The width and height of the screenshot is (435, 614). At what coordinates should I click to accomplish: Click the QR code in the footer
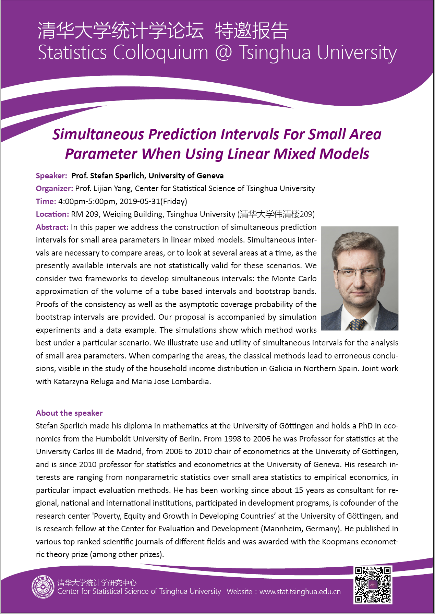(x=373, y=585)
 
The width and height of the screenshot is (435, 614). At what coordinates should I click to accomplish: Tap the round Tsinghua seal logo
(x=43, y=587)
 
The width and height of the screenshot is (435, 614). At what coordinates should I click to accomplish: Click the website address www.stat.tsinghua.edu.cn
(x=300, y=591)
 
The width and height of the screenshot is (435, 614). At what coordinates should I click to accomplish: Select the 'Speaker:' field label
(x=51, y=176)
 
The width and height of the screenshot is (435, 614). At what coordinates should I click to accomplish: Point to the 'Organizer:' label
(x=54, y=189)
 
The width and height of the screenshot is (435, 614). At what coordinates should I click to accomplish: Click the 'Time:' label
(x=46, y=201)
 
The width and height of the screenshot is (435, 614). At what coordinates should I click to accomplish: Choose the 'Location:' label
(x=52, y=214)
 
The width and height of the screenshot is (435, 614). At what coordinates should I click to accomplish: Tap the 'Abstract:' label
(x=52, y=227)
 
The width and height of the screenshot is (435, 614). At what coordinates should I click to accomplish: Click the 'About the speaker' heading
(x=69, y=413)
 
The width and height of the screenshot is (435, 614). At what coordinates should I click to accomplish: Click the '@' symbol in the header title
(x=223, y=53)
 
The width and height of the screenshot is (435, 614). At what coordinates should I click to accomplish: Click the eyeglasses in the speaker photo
(x=357, y=273)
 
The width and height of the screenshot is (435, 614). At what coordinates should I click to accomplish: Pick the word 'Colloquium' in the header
(x=160, y=53)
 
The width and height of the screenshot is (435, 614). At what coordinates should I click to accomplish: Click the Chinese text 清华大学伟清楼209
(x=277, y=214)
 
